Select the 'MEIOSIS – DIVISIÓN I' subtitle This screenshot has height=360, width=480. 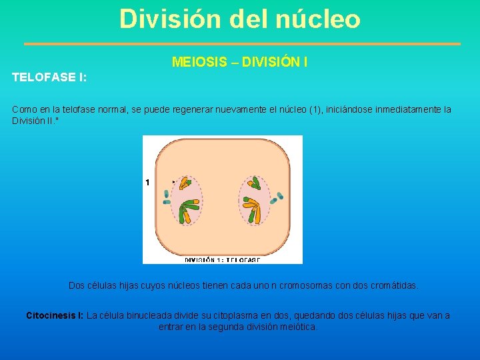pyautogui.click(x=239, y=63)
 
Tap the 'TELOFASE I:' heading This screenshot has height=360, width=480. pyautogui.click(x=49, y=77)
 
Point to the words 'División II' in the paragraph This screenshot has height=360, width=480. pyautogui.click(x=33, y=121)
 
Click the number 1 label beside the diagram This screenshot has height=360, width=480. pyautogui.click(x=147, y=182)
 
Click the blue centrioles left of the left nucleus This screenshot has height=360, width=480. pyautogui.click(x=167, y=197)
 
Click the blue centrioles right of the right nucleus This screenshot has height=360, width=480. pyautogui.click(x=276, y=198)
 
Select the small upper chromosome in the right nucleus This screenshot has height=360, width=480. pyautogui.click(x=255, y=183)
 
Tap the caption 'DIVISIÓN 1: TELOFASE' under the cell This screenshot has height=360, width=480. pyautogui.click(x=223, y=260)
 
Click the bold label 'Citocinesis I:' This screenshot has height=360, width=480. pyautogui.click(x=55, y=315)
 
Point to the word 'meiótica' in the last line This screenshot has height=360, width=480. pyautogui.click(x=298, y=327)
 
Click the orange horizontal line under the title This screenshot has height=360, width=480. pyautogui.click(x=242, y=44)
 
